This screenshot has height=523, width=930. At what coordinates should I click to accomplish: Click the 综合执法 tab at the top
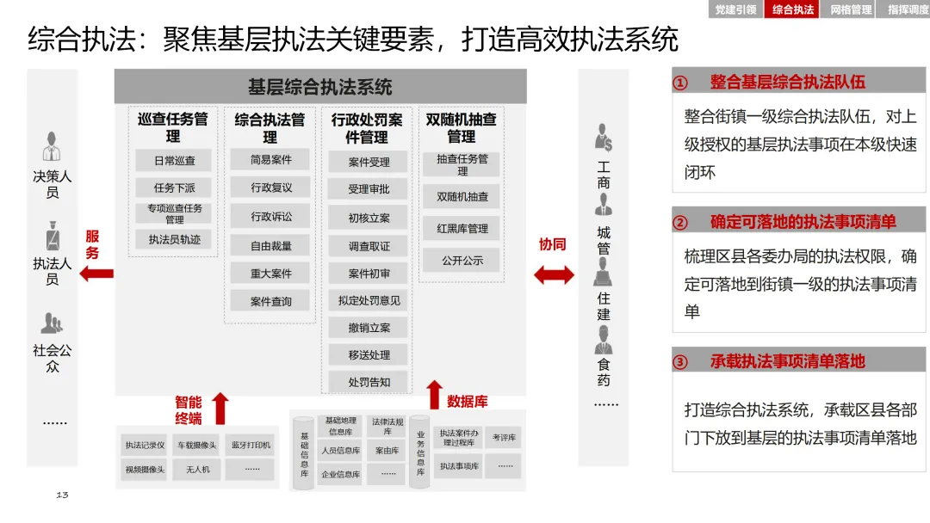(x=793, y=9)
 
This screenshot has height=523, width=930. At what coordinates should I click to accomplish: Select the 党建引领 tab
(x=736, y=9)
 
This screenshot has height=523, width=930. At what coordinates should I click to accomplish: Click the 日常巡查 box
(x=175, y=161)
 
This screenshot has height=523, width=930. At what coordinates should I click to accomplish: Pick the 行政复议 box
(x=271, y=188)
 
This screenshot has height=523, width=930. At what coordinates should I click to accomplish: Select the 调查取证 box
(x=369, y=246)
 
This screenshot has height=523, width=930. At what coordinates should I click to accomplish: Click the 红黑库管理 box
(x=462, y=229)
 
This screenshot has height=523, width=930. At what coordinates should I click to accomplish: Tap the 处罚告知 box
(x=369, y=382)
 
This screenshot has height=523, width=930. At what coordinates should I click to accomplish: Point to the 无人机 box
(x=191, y=470)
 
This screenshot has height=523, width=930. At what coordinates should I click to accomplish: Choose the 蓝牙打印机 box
(x=251, y=445)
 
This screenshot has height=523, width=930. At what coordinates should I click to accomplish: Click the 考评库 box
(x=504, y=438)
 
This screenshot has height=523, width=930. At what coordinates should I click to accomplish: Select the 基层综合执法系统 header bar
(x=319, y=87)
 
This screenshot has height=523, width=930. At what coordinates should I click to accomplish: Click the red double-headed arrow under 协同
(x=554, y=274)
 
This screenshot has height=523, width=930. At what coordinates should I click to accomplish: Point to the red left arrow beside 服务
(x=96, y=274)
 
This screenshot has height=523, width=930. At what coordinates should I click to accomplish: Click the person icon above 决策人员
(x=53, y=146)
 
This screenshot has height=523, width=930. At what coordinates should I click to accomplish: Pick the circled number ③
(x=680, y=362)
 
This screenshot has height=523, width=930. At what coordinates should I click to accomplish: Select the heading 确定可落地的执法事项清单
(x=803, y=222)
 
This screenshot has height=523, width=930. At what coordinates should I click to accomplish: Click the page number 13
(x=62, y=495)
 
